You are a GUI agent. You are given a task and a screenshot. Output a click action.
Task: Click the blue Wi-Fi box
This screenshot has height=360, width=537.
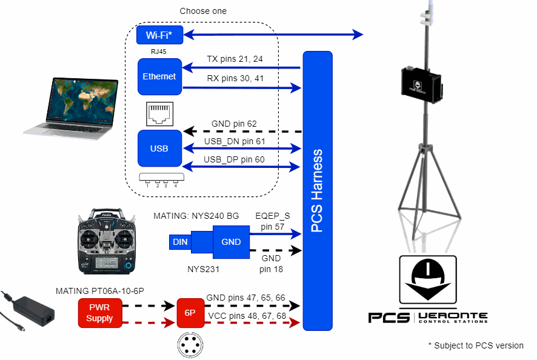pos(159,35)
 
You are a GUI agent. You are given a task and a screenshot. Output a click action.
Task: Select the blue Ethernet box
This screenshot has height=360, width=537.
pos(159,77)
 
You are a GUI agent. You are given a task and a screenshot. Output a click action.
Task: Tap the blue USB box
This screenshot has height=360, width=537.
pos(159,148)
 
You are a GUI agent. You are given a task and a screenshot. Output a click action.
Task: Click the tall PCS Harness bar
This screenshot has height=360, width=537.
pos(318,191)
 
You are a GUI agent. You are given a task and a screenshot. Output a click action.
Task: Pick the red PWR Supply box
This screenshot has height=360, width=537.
pos(99,313)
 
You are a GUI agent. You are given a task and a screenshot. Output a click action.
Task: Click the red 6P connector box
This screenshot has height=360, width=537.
pos(190,313)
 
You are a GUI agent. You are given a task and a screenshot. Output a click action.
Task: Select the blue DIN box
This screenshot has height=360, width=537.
pos(180,242)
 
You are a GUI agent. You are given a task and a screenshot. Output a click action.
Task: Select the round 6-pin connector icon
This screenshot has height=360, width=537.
pos(190,345)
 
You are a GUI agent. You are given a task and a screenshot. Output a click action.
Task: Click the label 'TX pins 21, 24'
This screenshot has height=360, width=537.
pos(235,59)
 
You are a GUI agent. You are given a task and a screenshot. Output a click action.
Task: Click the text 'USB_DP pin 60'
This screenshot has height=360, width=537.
pos(235,159)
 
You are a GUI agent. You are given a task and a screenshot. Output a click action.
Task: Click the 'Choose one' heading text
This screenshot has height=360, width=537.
pos(203,12)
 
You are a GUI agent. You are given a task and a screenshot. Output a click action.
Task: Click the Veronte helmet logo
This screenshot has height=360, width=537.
pos(427,279)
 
